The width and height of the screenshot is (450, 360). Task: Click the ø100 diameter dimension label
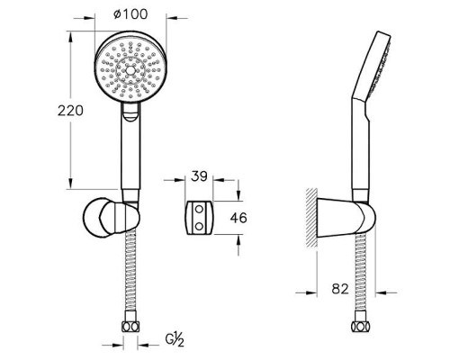[x=130, y=14]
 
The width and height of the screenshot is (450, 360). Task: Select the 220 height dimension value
[x=70, y=111]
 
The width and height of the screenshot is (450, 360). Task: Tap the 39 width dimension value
[x=199, y=176]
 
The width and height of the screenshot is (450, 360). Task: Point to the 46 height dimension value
[x=238, y=218]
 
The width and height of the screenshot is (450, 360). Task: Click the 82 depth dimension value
[x=340, y=289]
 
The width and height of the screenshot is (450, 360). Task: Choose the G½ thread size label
[x=175, y=340]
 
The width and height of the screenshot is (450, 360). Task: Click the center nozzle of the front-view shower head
[x=130, y=70]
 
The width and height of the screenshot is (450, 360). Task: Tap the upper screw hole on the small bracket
[x=199, y=208]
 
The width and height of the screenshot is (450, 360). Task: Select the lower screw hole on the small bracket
[x=199, y=226]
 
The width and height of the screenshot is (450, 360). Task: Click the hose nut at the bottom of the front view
[x=130, y=327]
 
